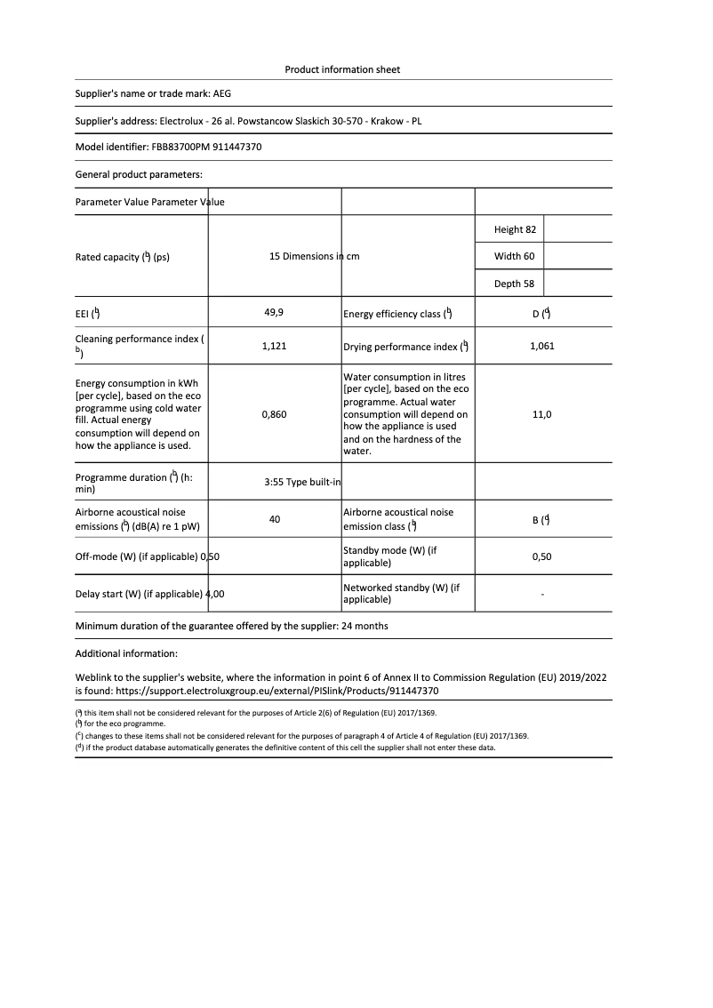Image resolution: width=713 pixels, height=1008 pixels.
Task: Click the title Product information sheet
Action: click(342, 69)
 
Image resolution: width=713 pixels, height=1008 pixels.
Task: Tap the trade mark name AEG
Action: click(222, 92)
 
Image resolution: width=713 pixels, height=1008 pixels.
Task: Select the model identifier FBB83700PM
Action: click(182, 147)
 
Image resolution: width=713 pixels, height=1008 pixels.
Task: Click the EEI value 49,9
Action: click(274, 313)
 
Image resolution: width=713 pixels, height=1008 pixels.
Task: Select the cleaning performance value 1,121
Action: click(274, 346)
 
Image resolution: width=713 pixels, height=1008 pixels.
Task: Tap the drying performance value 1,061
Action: click(541, 346)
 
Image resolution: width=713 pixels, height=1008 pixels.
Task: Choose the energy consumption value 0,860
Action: click(274, 414)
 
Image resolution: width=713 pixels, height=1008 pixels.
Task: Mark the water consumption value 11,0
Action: click(541, 414)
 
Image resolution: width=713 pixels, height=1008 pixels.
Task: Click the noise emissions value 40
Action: click(274, 519)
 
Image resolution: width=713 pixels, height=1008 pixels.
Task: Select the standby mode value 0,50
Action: click(541, 556)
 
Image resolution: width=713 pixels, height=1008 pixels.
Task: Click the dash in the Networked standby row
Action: click(541, 594)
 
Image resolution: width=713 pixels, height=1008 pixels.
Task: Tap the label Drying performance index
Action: click(401, 347)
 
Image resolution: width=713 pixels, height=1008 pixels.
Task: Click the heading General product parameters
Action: click(139, 174)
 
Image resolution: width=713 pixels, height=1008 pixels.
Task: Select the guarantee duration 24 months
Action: click(365, 626)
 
